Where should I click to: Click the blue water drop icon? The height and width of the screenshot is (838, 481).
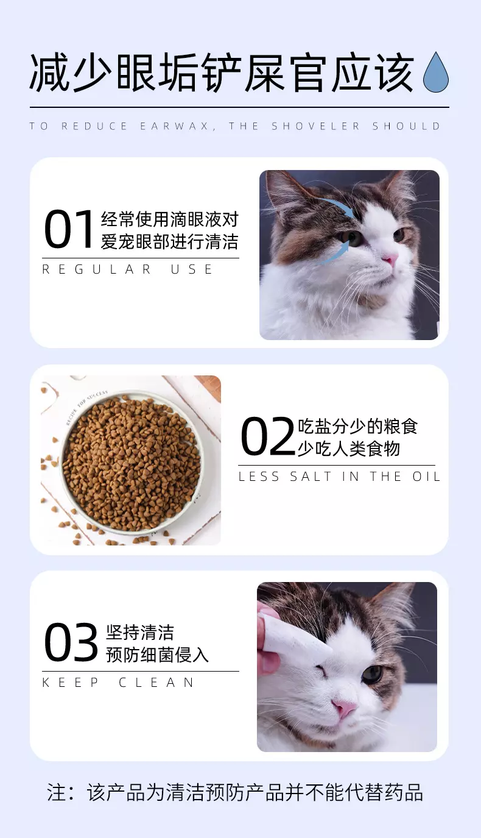pos(435,72)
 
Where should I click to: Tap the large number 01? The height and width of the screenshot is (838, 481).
pos(68,229)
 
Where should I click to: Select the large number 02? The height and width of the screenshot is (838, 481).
pos(268,436)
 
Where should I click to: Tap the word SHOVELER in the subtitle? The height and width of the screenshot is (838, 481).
pos(316,126)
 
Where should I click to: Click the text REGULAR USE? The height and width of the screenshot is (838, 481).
pos(127,269)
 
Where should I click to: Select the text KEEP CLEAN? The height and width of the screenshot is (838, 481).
pos(118,683)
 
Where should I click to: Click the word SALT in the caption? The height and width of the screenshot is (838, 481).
pos(311,476)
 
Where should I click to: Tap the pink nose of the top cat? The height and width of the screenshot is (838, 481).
pos(390,258)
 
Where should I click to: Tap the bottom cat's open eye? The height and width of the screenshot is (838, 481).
pos(372,674)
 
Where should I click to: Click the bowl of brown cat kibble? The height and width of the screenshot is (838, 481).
pos(131,462)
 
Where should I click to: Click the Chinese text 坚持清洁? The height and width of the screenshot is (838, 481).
pos(140,632)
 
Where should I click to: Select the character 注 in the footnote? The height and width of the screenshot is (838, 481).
pos(57,792)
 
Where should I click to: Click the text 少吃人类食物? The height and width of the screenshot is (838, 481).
pos(349,448)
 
